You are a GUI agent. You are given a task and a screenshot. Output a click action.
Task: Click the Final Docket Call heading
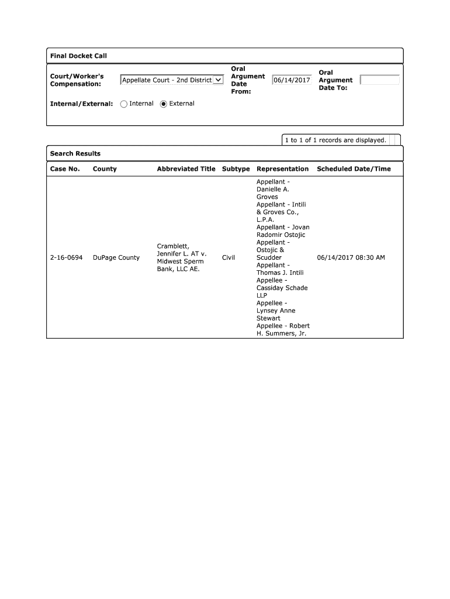pos(78,56)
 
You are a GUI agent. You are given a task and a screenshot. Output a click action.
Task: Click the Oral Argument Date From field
pos(292,80)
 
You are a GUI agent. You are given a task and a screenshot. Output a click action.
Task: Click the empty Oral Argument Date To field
pos(379,80)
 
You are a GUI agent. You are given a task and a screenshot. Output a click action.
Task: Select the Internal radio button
pos(124,104)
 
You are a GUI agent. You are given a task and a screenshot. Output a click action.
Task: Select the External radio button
pos(164,104)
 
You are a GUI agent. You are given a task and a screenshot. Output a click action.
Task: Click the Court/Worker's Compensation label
pos(77,80)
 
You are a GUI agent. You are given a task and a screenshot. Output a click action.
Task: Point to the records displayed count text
pos(335,140)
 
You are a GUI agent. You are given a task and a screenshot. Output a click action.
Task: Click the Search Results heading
pos(75,154)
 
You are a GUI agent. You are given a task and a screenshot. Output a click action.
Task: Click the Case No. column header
pos(65,169)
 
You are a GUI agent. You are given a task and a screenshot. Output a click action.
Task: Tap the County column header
pos(105,169)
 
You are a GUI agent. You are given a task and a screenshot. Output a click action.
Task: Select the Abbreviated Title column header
pos(186,169)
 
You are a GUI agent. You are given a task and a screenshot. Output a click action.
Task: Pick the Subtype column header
pos(236,169)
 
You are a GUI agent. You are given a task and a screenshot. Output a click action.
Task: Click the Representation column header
pos(282,169)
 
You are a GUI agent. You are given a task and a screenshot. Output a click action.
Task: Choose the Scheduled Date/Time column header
pos(354,169)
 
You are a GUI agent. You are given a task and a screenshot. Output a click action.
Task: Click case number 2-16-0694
pos(66,258)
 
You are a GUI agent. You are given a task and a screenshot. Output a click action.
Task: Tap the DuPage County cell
pos(116,258)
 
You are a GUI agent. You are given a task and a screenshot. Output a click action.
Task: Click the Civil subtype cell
pos(229,258)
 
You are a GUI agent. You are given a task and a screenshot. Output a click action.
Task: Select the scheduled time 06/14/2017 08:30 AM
pos(351,258)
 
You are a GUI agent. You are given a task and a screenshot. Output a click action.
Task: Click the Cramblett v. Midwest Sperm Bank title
pos(182,258)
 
